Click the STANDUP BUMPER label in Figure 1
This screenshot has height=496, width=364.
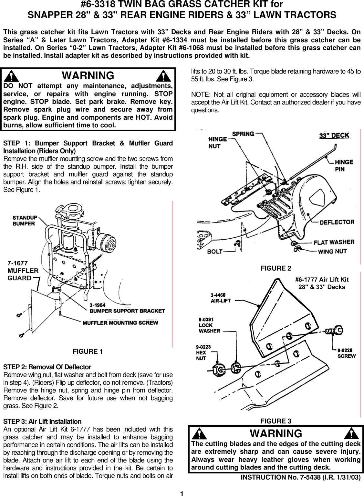(x=25, y=220)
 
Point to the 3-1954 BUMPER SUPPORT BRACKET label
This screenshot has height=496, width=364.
(x=127, y=308)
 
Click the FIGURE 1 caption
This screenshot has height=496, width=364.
(x=88, y=352)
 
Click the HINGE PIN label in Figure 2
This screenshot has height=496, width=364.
(x=344, y=165)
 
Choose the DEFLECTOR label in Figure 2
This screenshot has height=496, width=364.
(x=337, y=222)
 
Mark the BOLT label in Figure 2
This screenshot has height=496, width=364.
(x=214, y=251)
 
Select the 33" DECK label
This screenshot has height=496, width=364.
(x=334, y=135)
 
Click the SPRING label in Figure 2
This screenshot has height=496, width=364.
(x=243, y=134)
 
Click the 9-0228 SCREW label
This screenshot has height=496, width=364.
(x=347, y=353)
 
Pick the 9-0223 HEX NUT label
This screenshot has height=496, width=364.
(x=203, y=352)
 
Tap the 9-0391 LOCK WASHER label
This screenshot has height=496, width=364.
(x=209, y=325)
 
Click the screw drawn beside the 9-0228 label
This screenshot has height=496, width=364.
(x=334, y=330)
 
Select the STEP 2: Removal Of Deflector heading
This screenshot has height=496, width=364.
(x=47, y=367)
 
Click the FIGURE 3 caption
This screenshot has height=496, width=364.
(x=276, y=421)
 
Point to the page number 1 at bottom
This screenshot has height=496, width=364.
(x=182, y=493)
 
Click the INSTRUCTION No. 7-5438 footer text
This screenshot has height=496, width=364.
(x=301, y=478)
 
